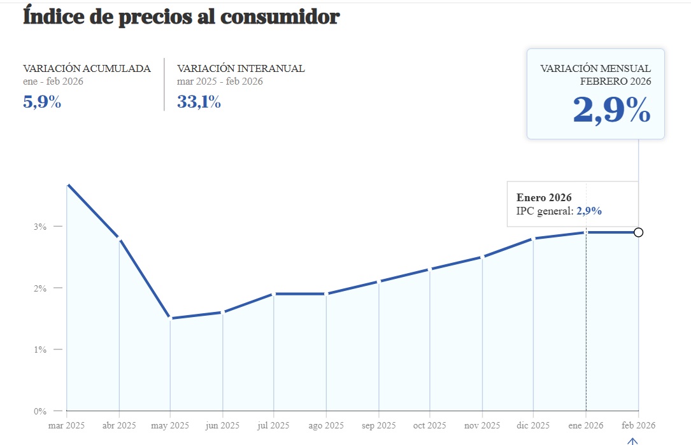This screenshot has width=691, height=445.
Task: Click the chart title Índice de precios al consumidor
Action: coord(181,17)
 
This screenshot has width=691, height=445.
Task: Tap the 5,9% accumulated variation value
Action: coord(42,102)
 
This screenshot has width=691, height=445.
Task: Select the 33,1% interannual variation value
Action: coord(199,102)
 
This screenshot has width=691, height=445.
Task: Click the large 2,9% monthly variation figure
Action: coord(611,110)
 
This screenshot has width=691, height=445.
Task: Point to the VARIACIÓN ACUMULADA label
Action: coord(87,69)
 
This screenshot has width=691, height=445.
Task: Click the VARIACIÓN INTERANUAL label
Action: coord(241,69)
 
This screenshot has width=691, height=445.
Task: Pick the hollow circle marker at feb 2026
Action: coord(638,232)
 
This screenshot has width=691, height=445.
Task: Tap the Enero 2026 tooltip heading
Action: coord(544,197)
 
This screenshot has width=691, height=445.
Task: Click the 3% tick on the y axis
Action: coord(40,227)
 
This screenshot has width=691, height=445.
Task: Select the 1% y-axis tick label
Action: coord(40,350)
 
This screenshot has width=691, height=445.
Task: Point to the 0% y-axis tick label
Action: coord(40,411)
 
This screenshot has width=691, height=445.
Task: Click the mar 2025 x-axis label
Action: coord(66,425)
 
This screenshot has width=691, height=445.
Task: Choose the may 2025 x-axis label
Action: coord(170,425)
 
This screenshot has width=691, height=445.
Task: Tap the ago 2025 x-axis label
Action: coord(326,425)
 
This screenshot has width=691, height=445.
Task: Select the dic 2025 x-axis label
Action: coord(534,425)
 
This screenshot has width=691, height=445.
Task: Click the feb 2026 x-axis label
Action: coord(638,425)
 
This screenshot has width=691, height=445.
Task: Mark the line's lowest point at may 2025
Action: coord(170,318)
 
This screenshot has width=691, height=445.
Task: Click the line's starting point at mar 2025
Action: coord(67,185)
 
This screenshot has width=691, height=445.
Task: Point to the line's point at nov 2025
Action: coord(482,257)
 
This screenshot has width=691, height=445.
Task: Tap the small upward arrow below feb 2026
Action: coord(632,441)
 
